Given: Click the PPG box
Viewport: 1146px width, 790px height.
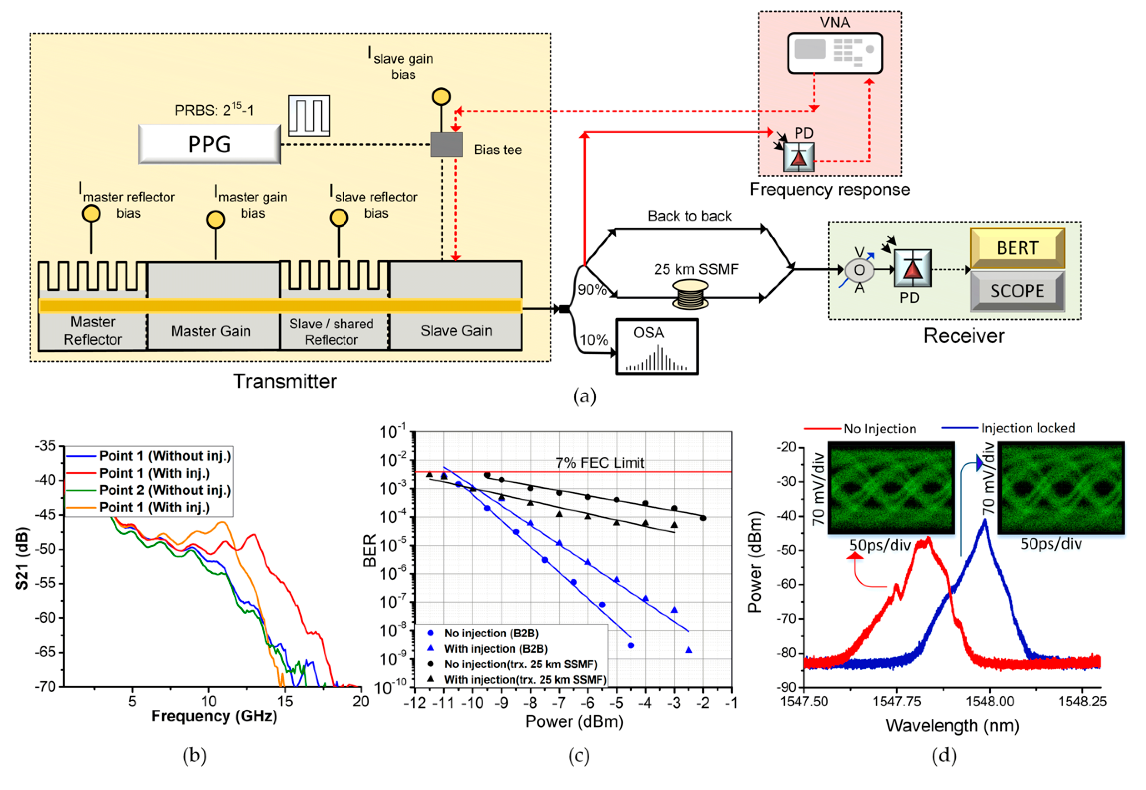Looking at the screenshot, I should click(x=209, y=144).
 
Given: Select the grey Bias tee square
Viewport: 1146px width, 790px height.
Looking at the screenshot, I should click(x=446, y=145).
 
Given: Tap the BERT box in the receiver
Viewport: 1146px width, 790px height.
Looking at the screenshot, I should click(x=1017, y=247).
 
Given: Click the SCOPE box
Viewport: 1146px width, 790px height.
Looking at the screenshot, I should click(x=1017, y=291).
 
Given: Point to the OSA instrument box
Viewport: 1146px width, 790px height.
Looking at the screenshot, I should click(x=657, y=347).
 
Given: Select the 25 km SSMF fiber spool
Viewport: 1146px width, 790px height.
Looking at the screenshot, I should click(x=690, y=295).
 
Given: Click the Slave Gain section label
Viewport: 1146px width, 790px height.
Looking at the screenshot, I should click(x=456, y=330).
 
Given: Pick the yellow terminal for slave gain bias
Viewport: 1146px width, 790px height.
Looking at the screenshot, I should click(x=441, y=96).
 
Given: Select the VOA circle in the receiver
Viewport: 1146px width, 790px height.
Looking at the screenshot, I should click(x=859, y=270).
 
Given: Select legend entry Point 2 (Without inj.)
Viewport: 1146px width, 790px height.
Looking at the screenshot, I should click(x=165, y=490).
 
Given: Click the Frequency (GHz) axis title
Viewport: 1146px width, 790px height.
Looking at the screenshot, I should click(x=214, y=716).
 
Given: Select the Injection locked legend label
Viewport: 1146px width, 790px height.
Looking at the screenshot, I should click(x=1028, y=428).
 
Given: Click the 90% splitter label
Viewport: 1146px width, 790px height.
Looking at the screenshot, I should click(x=592, y=290).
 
